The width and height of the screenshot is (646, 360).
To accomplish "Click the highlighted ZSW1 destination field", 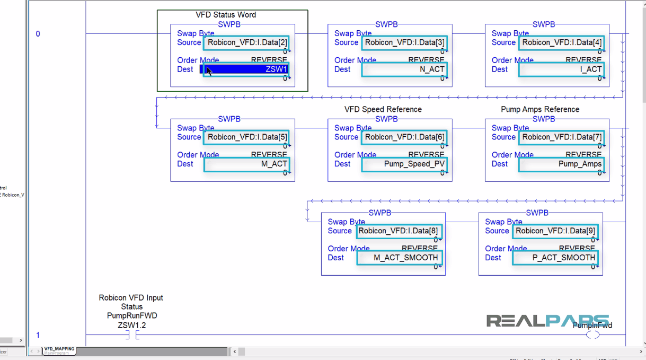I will [246, 69].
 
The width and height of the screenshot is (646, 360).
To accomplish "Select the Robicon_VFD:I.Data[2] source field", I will [247, 42].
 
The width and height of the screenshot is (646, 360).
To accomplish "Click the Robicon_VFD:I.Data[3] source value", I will [404, 42].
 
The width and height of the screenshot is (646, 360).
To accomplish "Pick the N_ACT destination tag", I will [404, 69].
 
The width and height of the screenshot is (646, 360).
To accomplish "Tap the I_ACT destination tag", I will [562, 69].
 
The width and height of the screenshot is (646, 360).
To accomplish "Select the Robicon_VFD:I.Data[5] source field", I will [247, 137].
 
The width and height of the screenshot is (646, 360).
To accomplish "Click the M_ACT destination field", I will [247, 164].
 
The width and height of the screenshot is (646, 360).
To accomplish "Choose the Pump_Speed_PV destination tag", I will [404, 164].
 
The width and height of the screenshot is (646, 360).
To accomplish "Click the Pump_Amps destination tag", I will [562, 164].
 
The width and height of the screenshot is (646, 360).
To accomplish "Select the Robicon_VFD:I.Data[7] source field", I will [562, 137].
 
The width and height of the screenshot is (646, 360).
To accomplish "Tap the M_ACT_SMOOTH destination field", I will [399, 258].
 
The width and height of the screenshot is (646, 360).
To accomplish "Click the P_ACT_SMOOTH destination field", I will [555, 258].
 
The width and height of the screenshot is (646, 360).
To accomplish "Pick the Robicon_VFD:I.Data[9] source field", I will [555, 231].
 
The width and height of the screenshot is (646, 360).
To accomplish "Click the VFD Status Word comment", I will [226, 15].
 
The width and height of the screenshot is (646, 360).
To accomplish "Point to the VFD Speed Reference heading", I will [383, 109].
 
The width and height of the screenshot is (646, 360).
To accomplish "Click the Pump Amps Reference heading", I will [540, 109].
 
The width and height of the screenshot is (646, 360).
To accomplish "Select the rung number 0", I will [38, 34].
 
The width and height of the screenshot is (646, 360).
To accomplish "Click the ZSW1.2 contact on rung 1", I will [131, 335].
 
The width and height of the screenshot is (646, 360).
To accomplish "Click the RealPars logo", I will [547, 320].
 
